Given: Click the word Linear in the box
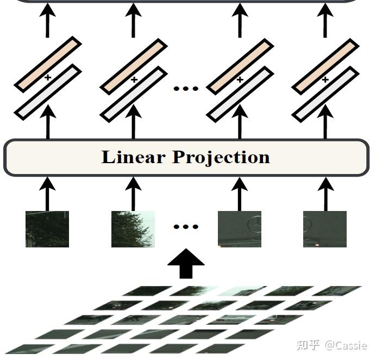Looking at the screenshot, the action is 133,157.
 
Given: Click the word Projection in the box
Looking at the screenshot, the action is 221,157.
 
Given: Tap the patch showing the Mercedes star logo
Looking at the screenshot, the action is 240,229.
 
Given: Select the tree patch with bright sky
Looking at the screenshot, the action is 133,229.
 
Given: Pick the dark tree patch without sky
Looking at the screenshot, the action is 47,229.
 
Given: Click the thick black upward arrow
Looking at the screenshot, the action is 186,264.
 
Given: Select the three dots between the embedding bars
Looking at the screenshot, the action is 186,88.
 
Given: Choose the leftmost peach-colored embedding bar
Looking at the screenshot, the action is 48,64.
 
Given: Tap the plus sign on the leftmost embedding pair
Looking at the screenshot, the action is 48,78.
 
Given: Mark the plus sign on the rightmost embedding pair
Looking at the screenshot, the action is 325,80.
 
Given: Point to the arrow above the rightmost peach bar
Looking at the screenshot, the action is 325,21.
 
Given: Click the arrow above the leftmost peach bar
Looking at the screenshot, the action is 48,21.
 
